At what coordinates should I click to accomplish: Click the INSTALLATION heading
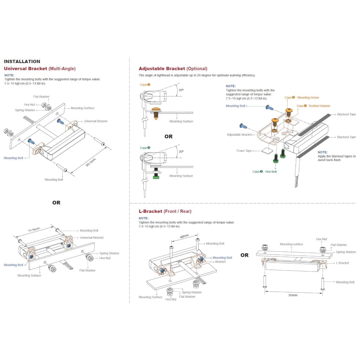[x=22, y=62]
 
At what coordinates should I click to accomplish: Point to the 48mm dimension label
[x=184, y=237]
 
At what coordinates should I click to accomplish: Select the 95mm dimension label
[x=293, y=295]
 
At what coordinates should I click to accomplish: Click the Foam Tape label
[x=244, y=151]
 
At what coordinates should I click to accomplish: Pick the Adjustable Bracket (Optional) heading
[x=173, y=68]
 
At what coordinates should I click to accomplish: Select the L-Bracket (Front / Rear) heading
[x=165, y=211]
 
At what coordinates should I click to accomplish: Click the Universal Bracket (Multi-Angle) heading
[x=40, y=68]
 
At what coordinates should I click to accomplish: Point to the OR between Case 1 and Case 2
[x=168, y=136]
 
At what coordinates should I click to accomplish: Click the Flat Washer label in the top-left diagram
[x=41, y=96]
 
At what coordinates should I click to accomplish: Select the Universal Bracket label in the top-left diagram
[x=95, y=121]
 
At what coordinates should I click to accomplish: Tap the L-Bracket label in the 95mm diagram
[x=342, y=263]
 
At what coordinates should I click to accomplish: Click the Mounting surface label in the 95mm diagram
[x=291, y=244]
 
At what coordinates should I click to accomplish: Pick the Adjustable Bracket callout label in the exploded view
[x=239, y=135]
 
